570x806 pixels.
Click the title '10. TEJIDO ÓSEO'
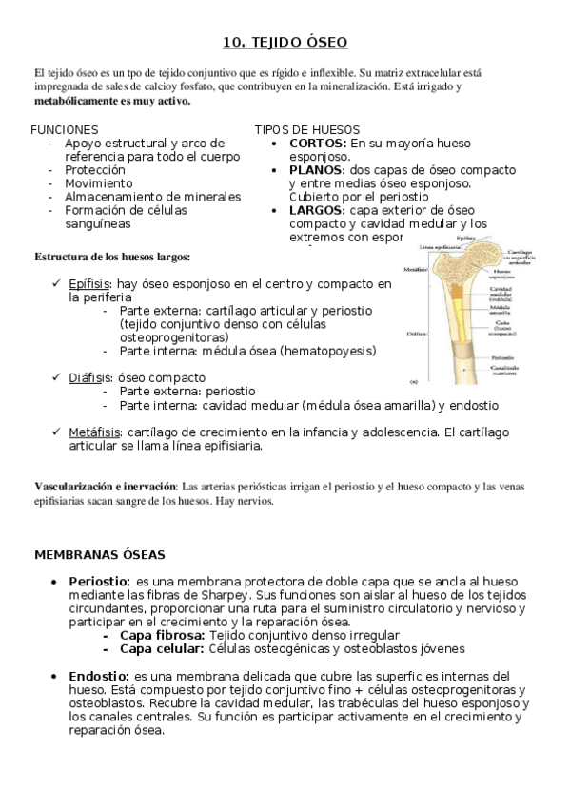[285, 42]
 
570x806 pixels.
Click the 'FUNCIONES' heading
[64, 129]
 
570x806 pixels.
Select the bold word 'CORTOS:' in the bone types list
[318, 143]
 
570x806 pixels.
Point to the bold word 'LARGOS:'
[318, 210]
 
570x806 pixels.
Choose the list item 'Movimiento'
[99, 183]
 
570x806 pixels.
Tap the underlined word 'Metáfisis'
[94, 432]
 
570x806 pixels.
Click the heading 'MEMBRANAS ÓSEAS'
[100, 554]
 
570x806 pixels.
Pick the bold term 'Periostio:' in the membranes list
[100, 581]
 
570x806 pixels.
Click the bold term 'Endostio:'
[99, 676]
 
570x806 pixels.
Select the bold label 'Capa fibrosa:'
[162, 635]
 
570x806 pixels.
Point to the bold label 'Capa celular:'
[162, 648]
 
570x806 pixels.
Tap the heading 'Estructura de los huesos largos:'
[112, 257]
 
